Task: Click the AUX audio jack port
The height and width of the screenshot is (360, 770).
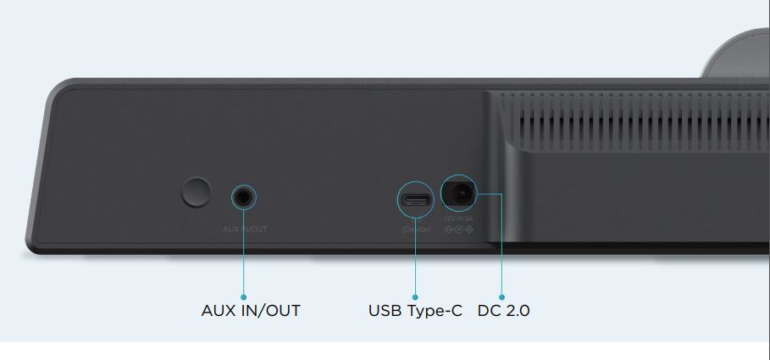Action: (244, 198)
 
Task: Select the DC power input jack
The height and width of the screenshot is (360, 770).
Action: (459, 195)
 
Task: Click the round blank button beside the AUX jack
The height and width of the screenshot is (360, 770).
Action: (196, 192)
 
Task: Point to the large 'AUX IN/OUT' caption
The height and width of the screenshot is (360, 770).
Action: (251, 311)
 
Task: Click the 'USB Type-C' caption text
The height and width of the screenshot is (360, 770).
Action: (415, 311)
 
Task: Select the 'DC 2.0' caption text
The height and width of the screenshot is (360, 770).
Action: (503, 311)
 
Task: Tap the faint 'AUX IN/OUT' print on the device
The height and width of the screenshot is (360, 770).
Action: (244, 229)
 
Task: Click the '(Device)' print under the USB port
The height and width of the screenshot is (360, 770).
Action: (416, 229)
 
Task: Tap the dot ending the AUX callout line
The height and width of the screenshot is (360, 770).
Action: (244, 296)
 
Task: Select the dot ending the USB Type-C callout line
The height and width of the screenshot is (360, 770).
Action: (416, 296)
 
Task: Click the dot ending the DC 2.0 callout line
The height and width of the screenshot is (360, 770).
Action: (501, 296)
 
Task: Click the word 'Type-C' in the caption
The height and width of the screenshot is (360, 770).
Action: (434, 311)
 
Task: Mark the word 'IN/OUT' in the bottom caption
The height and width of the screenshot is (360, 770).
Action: (271, 311)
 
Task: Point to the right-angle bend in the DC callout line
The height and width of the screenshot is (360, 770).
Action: (501, 195)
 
